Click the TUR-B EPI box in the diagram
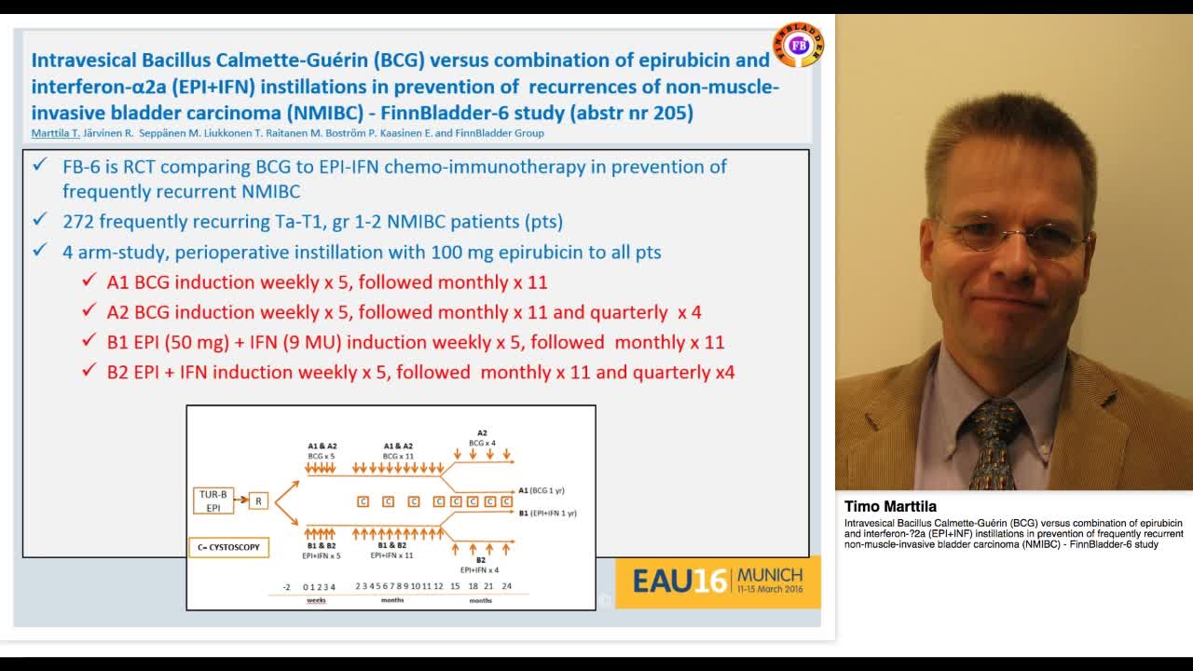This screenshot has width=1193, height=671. (x=213, y=500)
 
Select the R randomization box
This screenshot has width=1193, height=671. (x=258, y=501)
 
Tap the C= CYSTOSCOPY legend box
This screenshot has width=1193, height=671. (x=228, y=547)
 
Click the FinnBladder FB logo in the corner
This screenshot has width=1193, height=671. (x=798, y=45)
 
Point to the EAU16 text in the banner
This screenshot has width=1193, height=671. (x=679, y=581)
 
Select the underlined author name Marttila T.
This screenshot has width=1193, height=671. (x=56, y=133)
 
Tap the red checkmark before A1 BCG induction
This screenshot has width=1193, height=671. (x=89, y=281)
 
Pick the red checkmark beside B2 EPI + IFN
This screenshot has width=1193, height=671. (x=89, y=371)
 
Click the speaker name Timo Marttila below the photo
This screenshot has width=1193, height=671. (x=890, y=507)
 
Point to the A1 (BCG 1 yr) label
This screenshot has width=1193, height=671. (x=548, y=490)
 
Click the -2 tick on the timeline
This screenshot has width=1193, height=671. (x=287, y=586)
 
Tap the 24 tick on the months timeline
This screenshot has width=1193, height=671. (x=506, y=586)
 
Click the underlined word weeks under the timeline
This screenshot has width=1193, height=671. (x=317, y=600)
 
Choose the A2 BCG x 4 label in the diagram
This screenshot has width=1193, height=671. (x=482, y=438)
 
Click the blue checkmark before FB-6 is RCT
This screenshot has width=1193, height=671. (x=40, y=165)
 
